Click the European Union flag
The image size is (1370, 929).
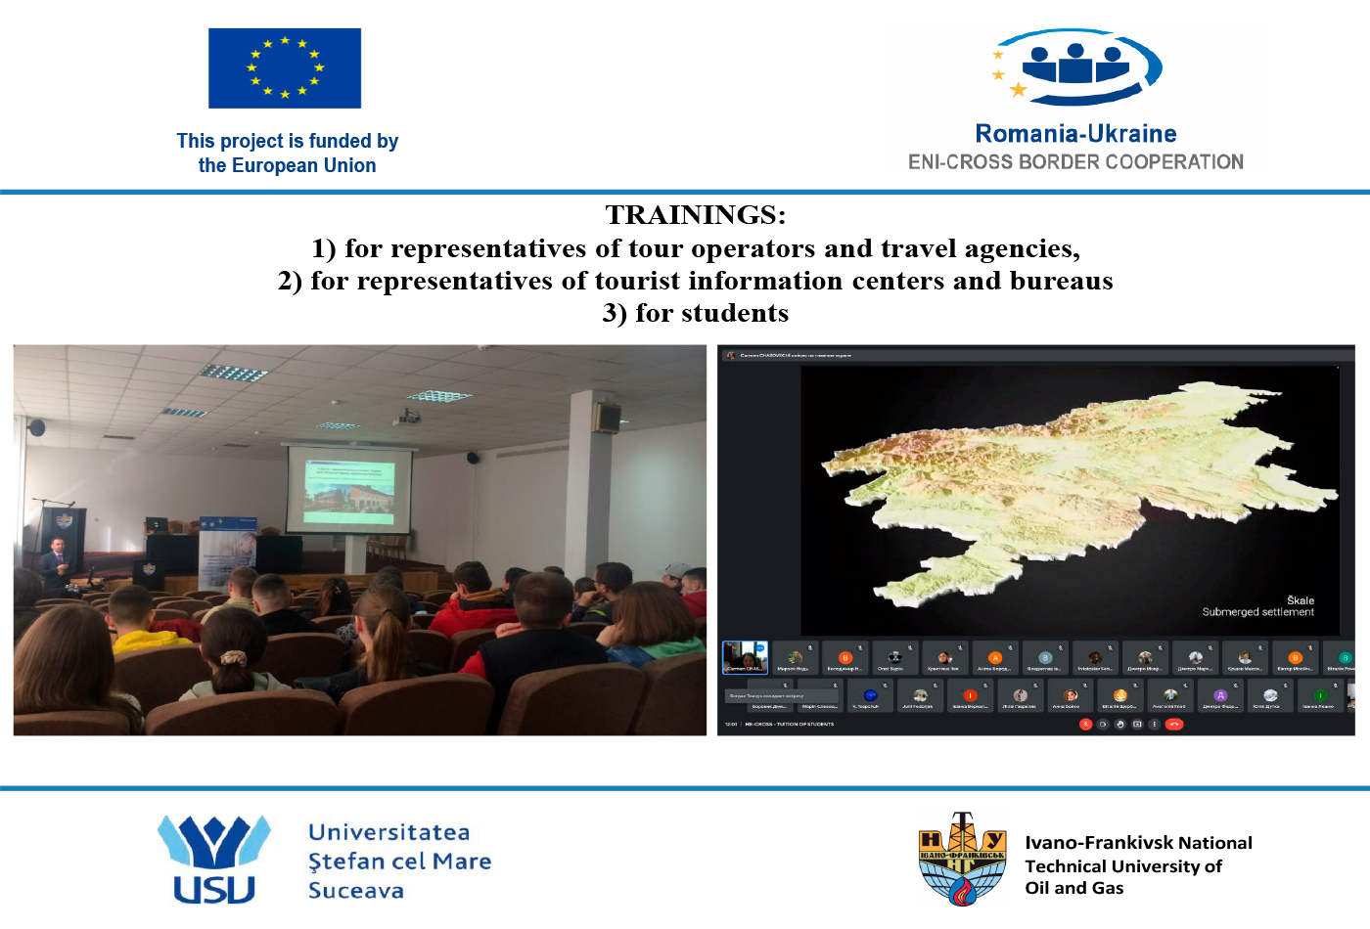285,67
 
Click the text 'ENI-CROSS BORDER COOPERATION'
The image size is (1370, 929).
1075,162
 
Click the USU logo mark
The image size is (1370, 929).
214,859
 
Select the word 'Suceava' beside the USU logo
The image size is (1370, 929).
356,891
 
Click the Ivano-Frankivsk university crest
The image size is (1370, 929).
963,859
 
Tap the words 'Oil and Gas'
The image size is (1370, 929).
1073,888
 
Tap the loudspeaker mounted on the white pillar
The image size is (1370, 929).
608,418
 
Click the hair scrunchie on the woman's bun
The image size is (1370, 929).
233,657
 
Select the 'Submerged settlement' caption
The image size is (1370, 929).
1257,612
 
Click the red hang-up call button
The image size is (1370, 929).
1174,725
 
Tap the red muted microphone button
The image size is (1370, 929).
1085,725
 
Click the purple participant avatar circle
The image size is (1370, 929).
1219,695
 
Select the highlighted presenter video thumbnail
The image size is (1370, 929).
745,657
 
